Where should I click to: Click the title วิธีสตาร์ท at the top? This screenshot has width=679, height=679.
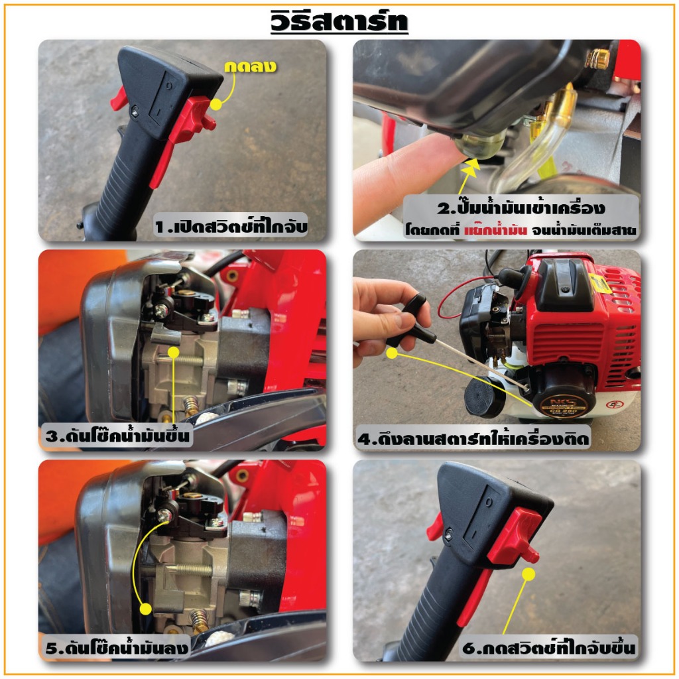tap(339, 21)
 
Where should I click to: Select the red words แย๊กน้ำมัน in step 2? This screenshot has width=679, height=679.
tap(495, 230)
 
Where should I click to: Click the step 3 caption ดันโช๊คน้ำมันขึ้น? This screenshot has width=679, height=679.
tap(117, 435)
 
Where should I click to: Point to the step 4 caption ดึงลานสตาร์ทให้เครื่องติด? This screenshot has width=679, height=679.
tap(473, 438)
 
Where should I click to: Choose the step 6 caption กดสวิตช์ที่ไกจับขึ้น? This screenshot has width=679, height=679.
tap(548, 647)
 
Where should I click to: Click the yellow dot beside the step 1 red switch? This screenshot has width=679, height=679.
tap(216, 104)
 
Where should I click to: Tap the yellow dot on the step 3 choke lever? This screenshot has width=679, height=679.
tap(173, 352)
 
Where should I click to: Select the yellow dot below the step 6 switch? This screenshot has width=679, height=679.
tap(528, 575)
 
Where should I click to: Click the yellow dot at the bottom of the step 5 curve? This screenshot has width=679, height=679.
tap(146, 609)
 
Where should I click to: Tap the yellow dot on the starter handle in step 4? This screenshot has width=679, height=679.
tap(392, 353)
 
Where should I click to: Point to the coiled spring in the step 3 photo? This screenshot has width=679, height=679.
tap(190, 406)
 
